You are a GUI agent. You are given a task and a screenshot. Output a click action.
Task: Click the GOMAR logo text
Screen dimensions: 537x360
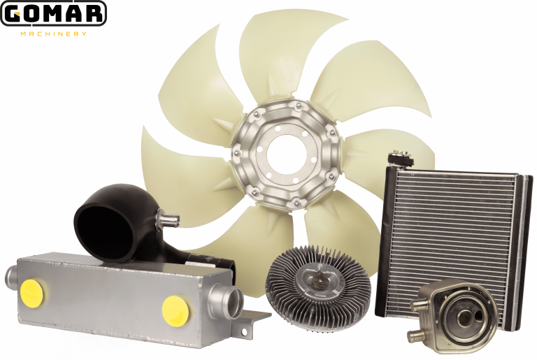53,14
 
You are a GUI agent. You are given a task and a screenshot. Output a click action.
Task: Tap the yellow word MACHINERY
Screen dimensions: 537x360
54,34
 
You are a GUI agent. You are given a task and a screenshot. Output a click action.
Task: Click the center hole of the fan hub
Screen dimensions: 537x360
286,152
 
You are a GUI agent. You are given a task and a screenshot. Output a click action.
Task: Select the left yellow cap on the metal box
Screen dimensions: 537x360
34,293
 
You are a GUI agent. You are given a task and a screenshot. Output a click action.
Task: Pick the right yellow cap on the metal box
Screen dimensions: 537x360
175,311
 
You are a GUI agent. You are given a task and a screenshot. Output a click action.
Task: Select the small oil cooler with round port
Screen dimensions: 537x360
453,316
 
